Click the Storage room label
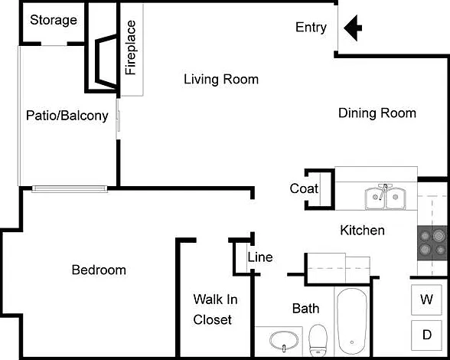coord(54,20)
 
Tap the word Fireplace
coord(131,47)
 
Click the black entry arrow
coord(353,28)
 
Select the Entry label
coord(311,28)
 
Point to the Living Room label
coord(221,80)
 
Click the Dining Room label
coord(377,113)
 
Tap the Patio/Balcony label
coord(67,116)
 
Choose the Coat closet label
coord(304,188)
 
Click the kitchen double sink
coord(386,198)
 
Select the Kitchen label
coord(362,231)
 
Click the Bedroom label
coord(99,270)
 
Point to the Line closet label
coord(260,257)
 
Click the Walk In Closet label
coord(215,309)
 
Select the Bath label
coord(305,309)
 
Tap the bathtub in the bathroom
coord(352,322)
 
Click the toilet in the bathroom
coord(318,341)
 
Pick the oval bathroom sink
coord(284,341)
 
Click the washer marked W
coord(426,299)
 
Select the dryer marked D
coord(426,335)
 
